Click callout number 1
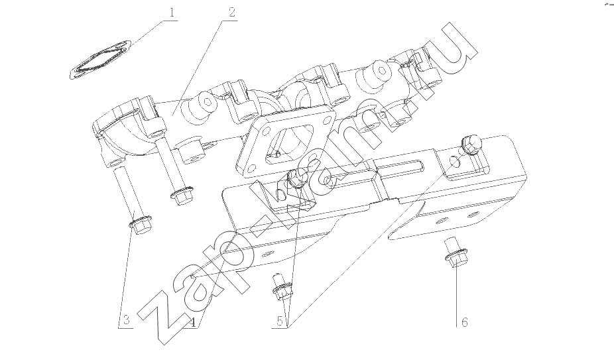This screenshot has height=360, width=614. tap(172, 13)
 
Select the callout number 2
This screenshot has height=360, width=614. tap(231, 13)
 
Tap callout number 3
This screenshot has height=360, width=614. tap(126, 320)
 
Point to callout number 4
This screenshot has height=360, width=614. tap(192, 322)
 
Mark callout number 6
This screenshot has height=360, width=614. tap(464, 322)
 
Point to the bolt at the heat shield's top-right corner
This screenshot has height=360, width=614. tap(471, 144)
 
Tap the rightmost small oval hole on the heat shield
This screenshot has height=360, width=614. tap(473, 215)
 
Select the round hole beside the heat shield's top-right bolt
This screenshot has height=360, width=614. tap(454, 160)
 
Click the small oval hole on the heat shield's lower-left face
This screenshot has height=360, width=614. tap(267, 253)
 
